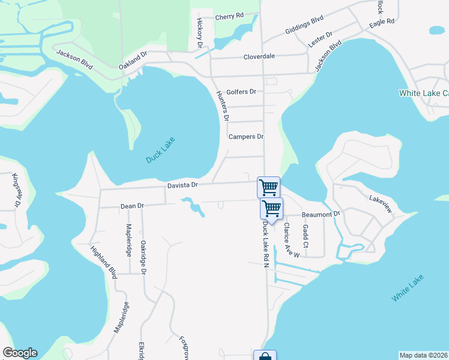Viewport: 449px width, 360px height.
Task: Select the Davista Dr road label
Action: [x=182, y=186]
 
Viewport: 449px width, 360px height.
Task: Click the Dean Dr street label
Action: [x=133, y=206]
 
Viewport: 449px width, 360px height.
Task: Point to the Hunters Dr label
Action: [x=222, y=105]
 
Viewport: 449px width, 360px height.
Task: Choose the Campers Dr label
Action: [x=246, y=137]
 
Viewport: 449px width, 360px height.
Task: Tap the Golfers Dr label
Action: [x=241, y=92]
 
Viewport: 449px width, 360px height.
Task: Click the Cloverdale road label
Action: [x=259, y=56]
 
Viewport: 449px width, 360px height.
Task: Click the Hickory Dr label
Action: [x=200, y=32]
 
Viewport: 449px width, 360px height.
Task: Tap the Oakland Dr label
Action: [x=133, y=59]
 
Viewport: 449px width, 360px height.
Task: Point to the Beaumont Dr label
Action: [x=321, y=214]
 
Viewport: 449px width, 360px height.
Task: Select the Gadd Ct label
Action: [x=306, y=236]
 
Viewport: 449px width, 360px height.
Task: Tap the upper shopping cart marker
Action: [x=268, y=187]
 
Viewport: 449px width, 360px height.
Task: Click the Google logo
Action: [x=20, y=353]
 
